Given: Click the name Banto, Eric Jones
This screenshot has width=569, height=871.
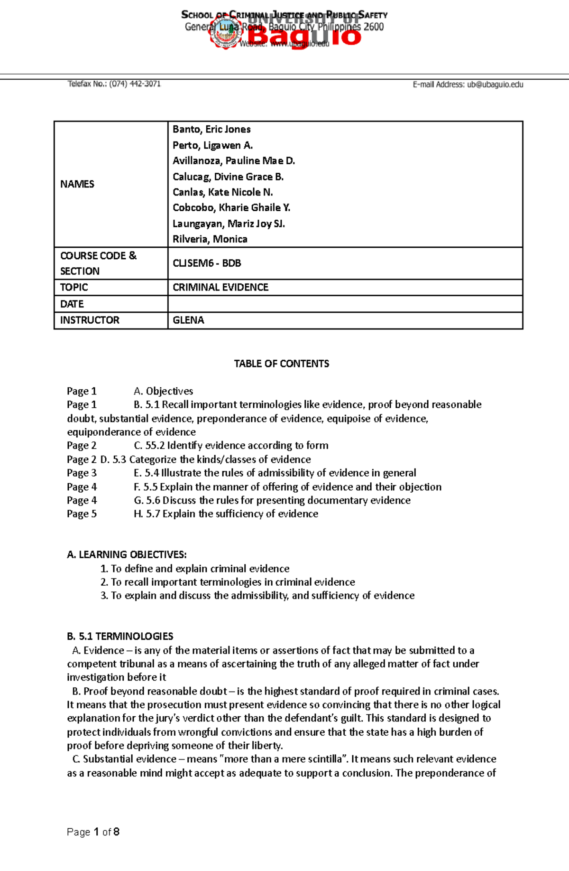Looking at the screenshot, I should click(x=211, y=130).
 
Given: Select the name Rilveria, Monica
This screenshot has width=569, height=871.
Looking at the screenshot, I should click(x=210, y=239).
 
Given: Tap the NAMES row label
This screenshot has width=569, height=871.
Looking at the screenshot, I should click(x=77, y=184).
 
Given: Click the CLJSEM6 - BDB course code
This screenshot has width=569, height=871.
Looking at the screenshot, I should click(x=207, y=263).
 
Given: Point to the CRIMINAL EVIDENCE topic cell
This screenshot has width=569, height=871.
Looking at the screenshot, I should click(x=220, y=288).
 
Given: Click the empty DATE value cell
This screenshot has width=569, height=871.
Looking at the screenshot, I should click(x=345, y=304).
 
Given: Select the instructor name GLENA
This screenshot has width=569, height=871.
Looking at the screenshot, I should click(x=188, y=320).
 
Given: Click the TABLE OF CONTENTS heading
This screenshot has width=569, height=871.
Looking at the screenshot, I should click(x=281, y=364).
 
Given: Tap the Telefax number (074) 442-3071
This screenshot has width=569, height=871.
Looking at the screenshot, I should click(x=135, y=84).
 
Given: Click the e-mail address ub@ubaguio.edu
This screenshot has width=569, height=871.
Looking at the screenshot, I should click(x=495, y=84).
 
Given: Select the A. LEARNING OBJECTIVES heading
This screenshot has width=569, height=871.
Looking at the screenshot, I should click(x=127, y=555).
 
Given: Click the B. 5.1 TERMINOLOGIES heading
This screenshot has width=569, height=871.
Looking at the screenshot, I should click(x=120, y=637).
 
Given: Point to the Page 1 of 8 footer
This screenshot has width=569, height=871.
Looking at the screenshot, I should click(x=93, y=832).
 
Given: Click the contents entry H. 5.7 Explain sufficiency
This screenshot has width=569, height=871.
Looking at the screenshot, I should click(x=226, y=514).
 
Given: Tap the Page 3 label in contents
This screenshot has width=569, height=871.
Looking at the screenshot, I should click(x=82, y=473).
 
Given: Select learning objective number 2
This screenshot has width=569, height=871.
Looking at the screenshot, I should click(x=228, y=582).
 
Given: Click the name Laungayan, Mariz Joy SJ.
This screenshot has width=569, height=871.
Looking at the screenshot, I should click(x=229, y=224).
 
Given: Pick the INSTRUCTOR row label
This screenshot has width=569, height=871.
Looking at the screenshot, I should click(x=90, y=320).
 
